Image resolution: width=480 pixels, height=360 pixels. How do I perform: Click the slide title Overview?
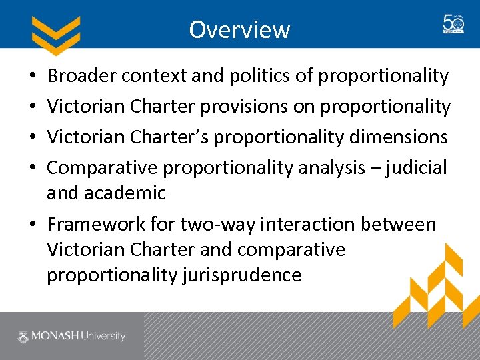[239, 30]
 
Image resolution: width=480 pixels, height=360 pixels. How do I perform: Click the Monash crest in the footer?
[24, 336]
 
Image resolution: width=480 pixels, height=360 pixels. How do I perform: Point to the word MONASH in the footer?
[55, 336]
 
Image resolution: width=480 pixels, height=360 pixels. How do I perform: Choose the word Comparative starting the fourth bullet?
[102, 167]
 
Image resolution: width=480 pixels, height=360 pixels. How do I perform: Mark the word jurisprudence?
[241, 275]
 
